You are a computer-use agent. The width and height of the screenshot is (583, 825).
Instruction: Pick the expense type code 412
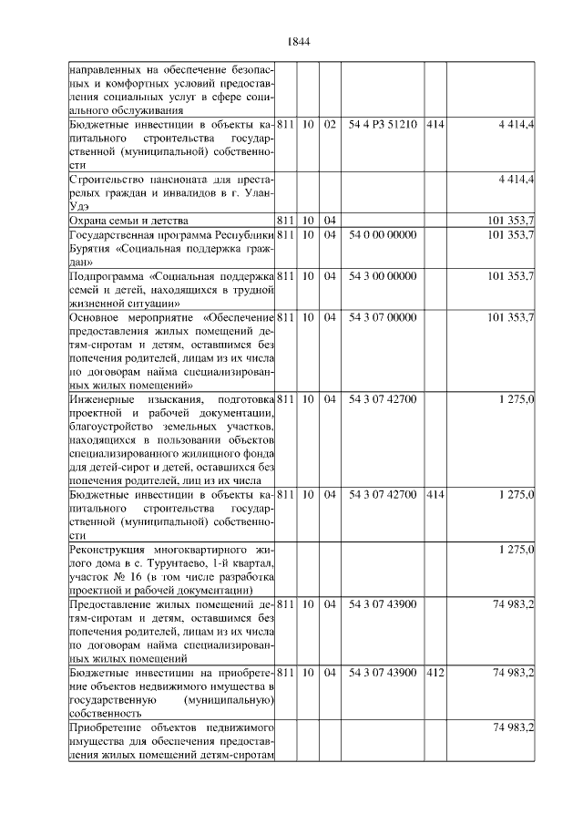435,672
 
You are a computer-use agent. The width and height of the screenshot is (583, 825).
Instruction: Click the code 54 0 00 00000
383,235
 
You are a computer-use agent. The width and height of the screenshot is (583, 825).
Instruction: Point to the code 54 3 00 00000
383,274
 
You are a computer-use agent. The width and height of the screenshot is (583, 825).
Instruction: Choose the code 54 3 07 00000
383,317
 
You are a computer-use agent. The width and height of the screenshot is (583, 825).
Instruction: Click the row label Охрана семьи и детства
128,220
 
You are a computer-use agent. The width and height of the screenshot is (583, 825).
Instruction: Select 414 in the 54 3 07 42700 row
435,494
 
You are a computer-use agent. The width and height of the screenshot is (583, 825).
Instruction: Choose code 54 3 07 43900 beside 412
383,672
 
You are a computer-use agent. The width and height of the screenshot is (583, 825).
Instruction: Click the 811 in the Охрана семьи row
284,220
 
